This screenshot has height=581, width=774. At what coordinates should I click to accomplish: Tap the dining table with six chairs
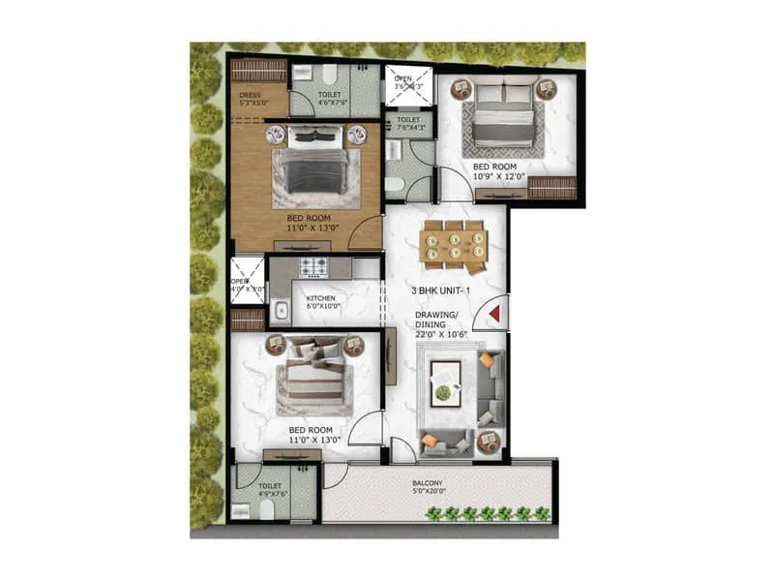coord(454,243)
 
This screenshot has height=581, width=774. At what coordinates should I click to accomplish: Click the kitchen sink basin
coord(281,312)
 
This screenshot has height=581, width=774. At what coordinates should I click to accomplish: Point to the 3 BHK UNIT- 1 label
coord(439,290)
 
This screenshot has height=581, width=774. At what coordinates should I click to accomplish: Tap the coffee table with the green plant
coord(445,380)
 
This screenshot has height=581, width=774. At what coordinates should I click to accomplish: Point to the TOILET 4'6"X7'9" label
coord(328,101)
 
